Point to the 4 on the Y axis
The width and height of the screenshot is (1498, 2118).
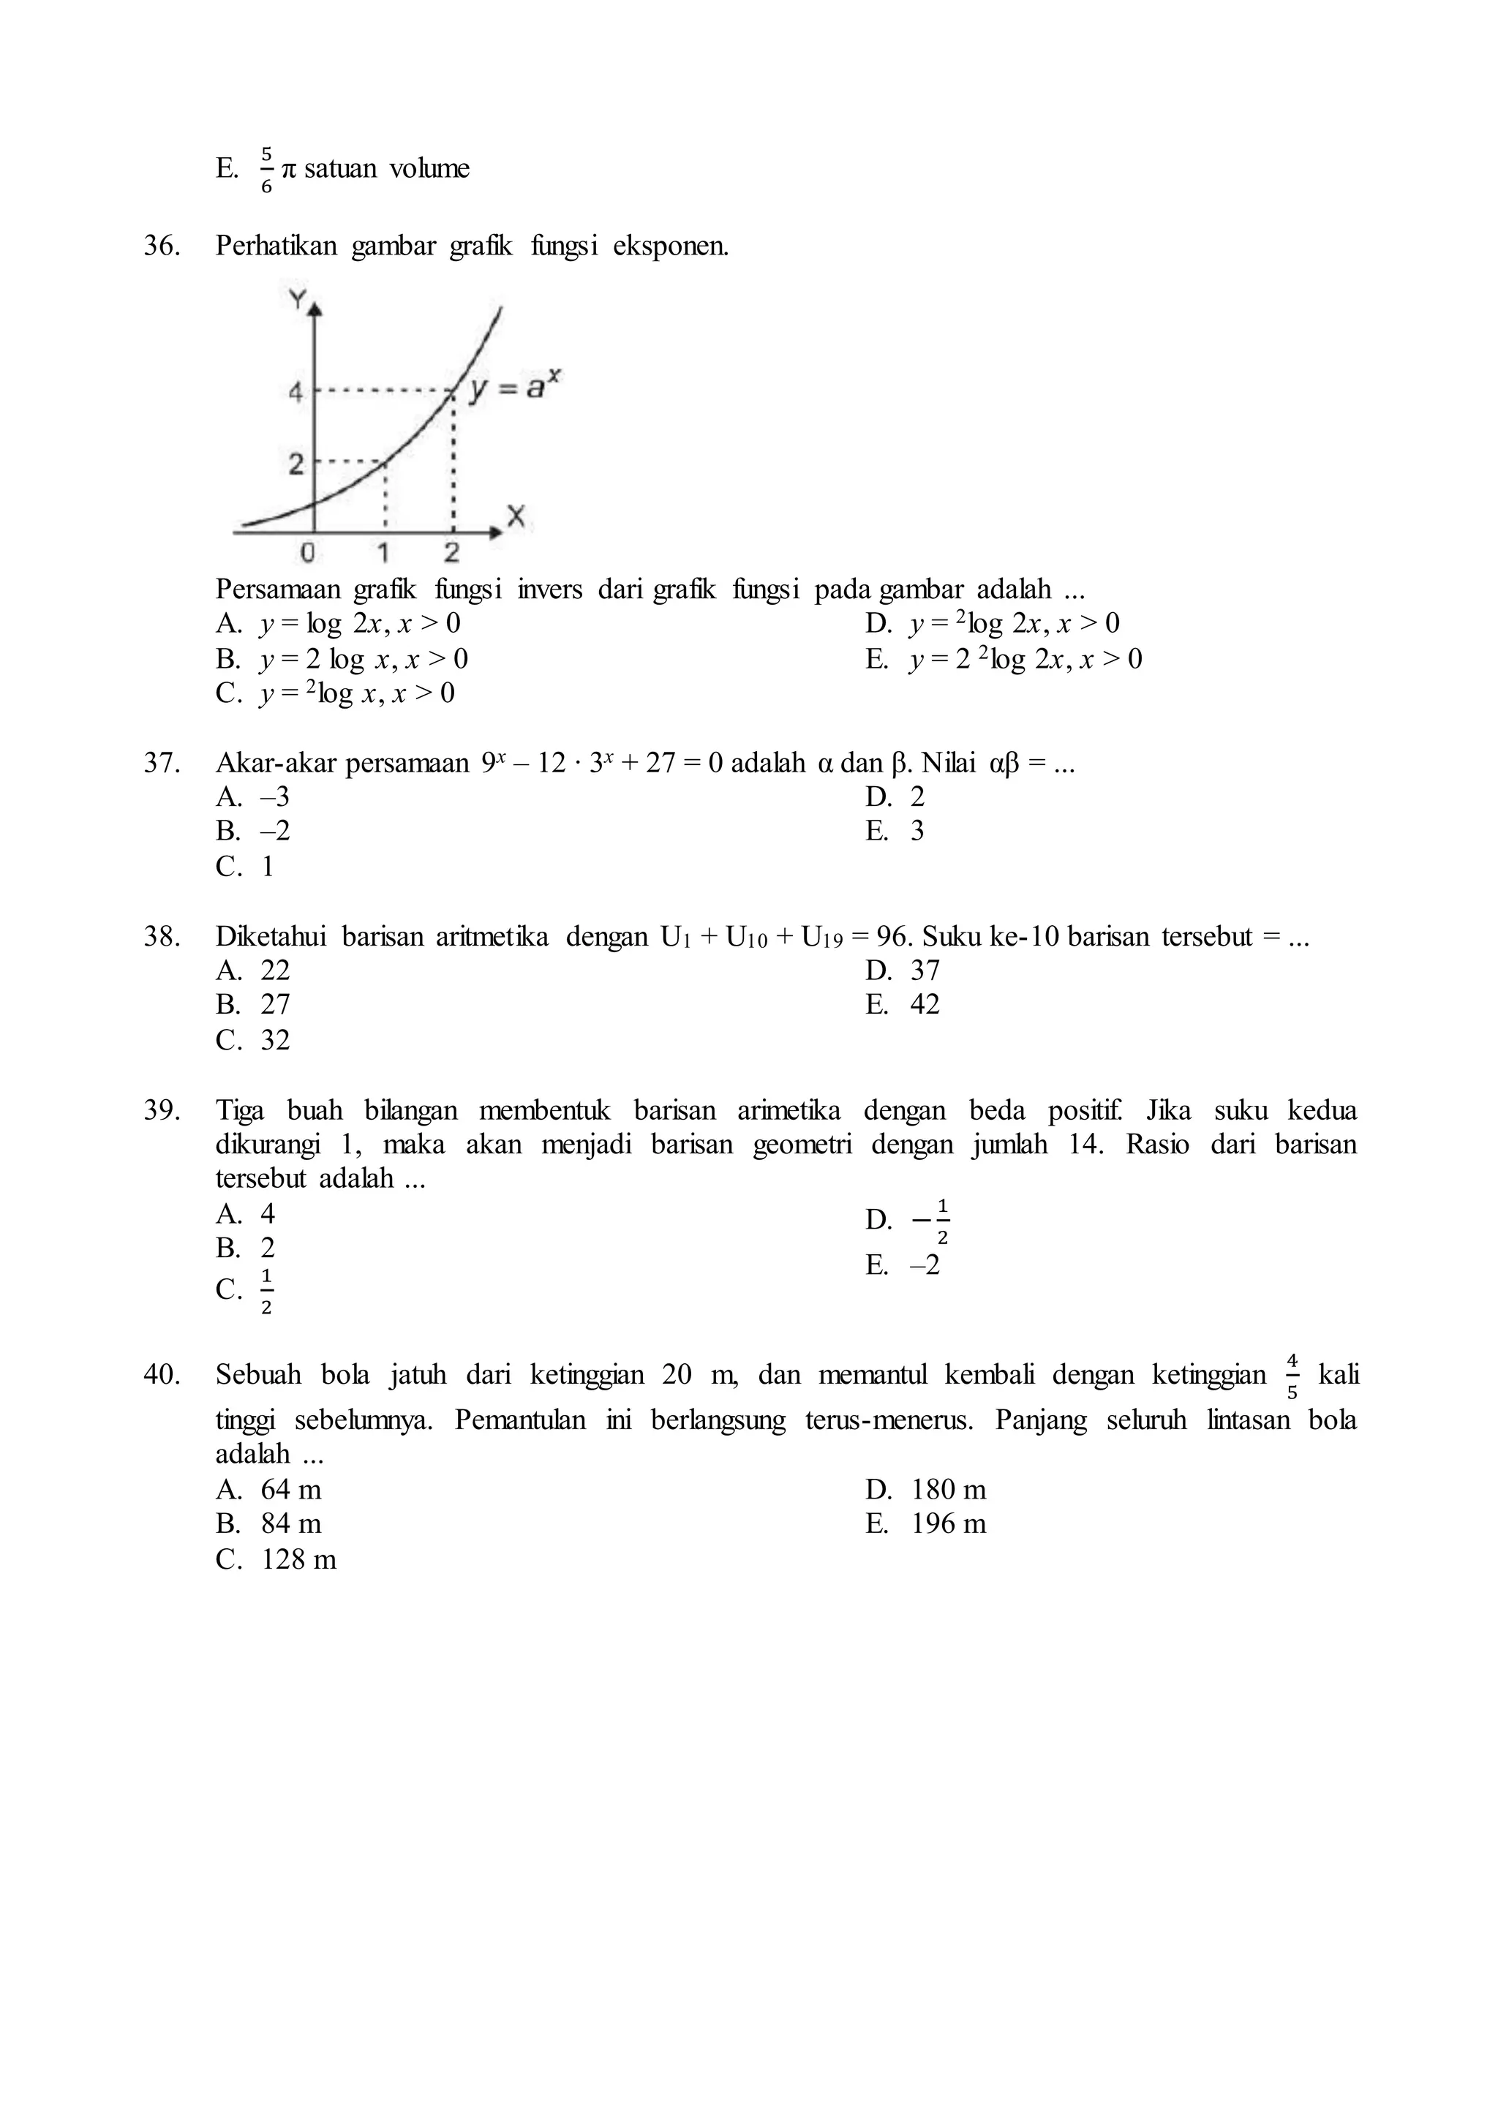click(296, 392)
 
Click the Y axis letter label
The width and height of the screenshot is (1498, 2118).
click(297, 299)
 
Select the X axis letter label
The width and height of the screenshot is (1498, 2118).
click(516, 518)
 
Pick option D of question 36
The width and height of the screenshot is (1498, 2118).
click(993, 624)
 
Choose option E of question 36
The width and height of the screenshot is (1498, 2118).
click(1004, 659)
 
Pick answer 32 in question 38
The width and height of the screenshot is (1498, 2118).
click(275, 1040)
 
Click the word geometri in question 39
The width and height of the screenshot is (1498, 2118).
click(802, 1145)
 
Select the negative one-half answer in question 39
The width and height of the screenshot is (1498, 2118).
click(932, 1221)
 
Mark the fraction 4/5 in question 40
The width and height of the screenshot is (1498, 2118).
click(1292, 1376)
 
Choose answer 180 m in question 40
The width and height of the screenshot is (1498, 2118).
click(948, 1489)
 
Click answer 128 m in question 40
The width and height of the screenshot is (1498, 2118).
click(298, 1559)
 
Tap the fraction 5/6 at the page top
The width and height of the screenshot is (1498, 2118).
click(266, 169)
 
